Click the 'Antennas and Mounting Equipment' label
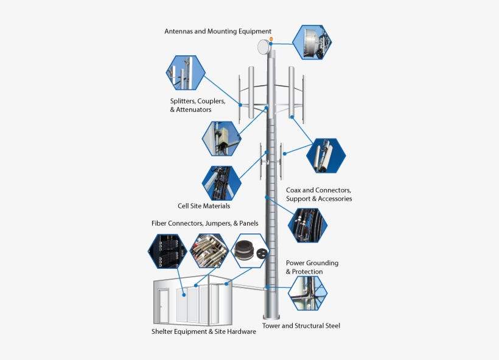coord(218,31)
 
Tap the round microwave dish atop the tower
coord(263,46)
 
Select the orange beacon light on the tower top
coord(271,40)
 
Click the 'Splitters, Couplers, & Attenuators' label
coord(198,105)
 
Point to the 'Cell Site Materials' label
coord(204,206)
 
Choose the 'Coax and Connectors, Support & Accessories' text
coord(319,195)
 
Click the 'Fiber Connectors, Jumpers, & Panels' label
coord(204,223)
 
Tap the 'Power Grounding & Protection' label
coord(312,267)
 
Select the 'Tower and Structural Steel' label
coord(301,326)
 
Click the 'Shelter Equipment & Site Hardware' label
coord(204,331)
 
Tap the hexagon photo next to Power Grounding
coord(307,294)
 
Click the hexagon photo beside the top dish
coord(312,42)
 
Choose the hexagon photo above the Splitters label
coord(186,72)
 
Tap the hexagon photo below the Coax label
coord(307,225)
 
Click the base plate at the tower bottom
coord(271,317)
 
